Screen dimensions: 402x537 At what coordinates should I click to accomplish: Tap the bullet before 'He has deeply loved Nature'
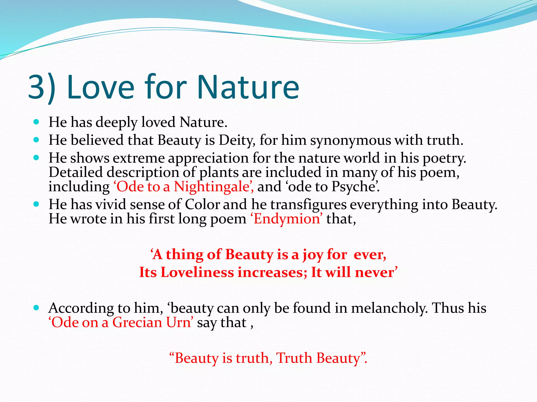[37, 122]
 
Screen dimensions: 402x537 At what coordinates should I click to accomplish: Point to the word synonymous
[351, 141]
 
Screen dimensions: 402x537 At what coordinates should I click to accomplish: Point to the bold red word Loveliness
[197, 272]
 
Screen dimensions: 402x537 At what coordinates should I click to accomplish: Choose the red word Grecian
[137, 322]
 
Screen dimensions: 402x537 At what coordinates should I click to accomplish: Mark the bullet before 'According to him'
[37, 308]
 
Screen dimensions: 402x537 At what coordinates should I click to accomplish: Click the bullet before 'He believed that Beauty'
[37, 140]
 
